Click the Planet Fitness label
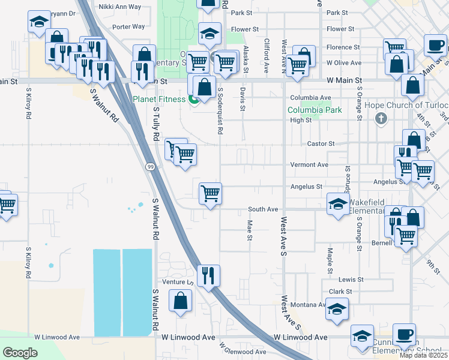pos(159,99)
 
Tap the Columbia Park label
pos(315,110)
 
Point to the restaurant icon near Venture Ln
pos(208,275)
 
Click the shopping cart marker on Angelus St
pos(211,193)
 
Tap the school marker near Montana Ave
pos(337,310)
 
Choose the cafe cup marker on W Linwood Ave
pos(404,334)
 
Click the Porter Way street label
pos(128,26)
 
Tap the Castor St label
pos(321,144)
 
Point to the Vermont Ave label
pos(314,164)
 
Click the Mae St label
pos(250,230)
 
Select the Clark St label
pos(340,292)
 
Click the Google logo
pos(20,353)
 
